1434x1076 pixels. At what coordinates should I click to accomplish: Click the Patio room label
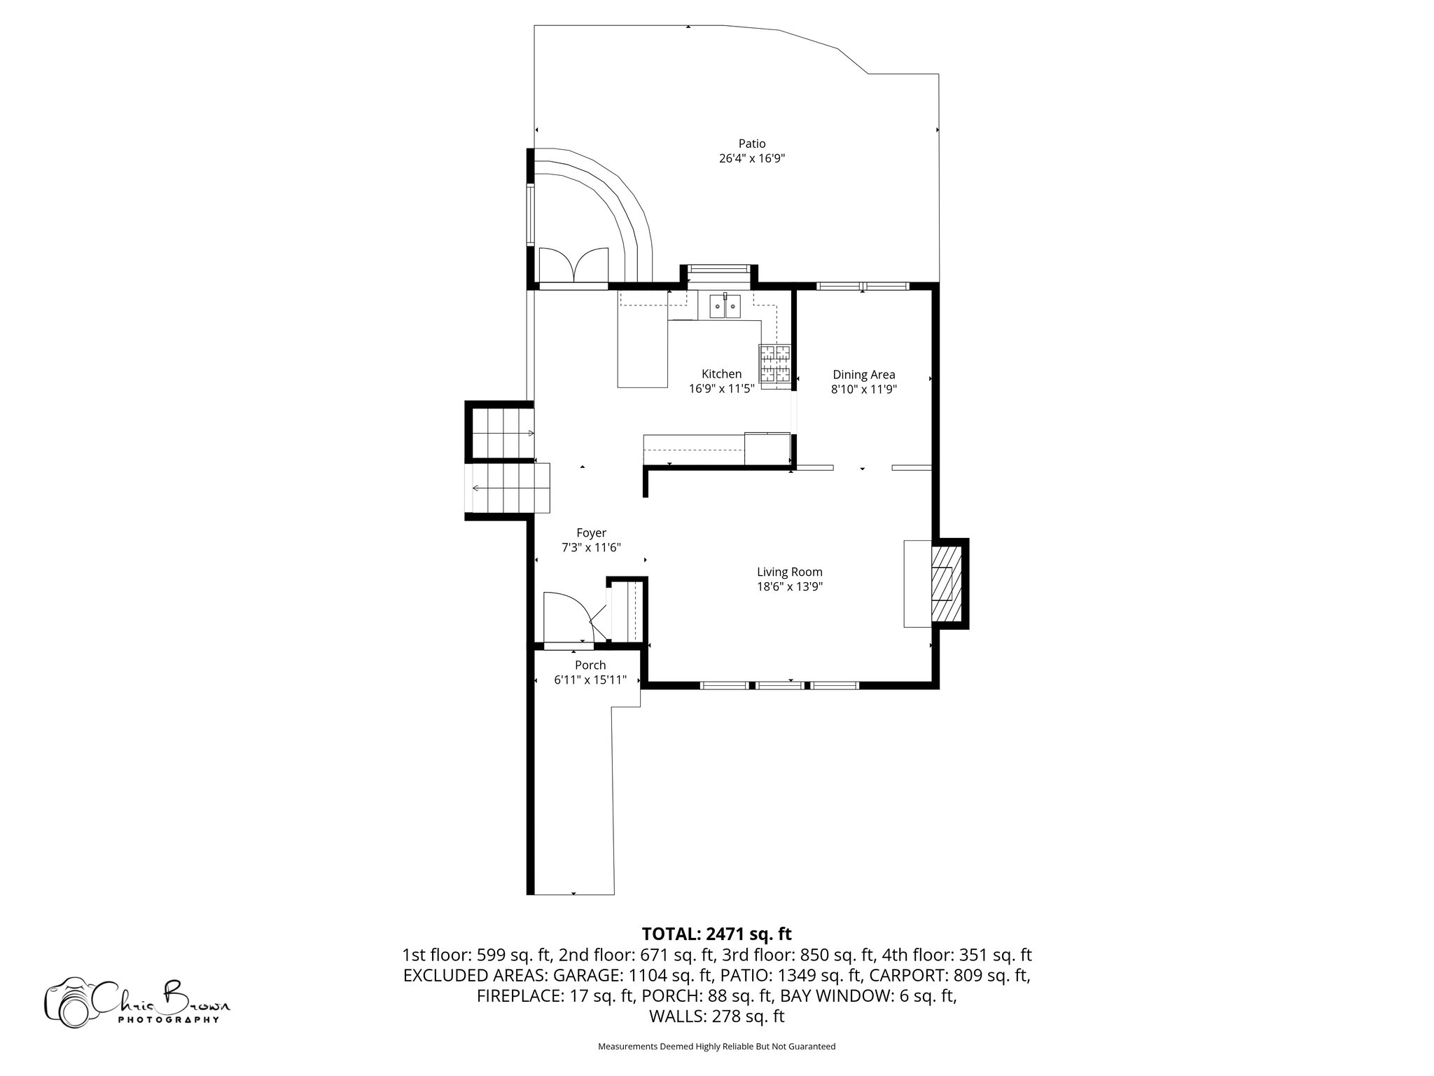pos(751,144)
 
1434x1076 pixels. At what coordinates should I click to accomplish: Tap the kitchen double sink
pos(725,306)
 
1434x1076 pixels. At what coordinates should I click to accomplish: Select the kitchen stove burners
pos(775,365)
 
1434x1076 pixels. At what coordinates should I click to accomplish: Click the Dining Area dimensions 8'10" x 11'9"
pos(863,389)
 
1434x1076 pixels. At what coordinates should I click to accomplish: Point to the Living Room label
pos(789,572)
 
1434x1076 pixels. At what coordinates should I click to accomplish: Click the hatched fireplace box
pos(947,583)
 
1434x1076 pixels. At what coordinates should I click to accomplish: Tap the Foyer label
pos(591,533)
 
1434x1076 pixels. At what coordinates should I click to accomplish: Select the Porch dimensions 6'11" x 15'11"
pos(590,680)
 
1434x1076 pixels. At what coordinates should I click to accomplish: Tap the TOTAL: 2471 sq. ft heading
pos(716,934)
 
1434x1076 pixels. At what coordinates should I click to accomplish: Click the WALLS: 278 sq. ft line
pos(716,1016)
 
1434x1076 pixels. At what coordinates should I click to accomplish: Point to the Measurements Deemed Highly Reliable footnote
pos(716,1047)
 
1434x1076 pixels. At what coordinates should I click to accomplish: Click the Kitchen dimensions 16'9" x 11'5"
pos(721,389)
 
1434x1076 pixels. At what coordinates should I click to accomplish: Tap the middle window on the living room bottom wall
pos(780,685)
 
